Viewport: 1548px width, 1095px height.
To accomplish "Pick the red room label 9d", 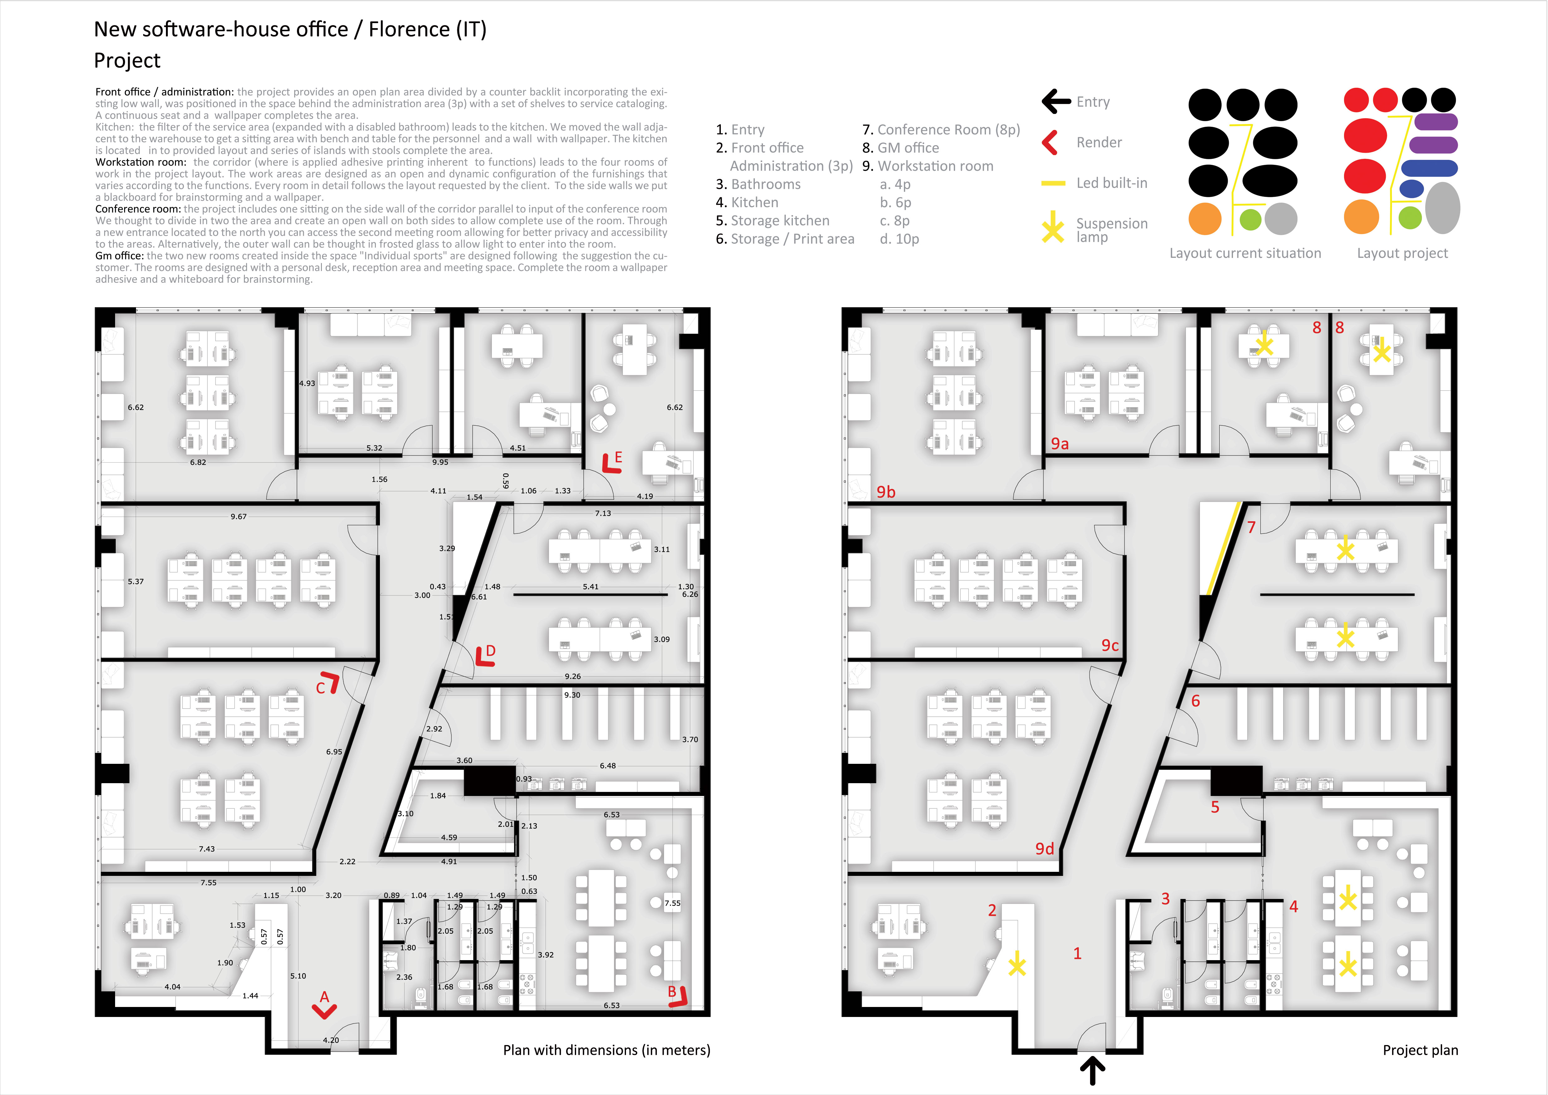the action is pos(1044,849).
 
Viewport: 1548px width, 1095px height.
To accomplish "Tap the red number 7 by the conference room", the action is pos(1251,528).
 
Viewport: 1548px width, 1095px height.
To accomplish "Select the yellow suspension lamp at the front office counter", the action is pos(1017,965).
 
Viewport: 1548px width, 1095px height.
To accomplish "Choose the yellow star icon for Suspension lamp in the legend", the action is pos(1052,227).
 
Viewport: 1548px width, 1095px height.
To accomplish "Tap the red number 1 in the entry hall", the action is pos(1077,953).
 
